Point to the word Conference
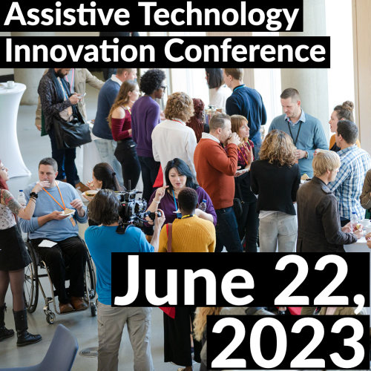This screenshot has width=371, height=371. click(x=245, y=50)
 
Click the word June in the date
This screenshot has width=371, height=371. click(x=183, y=280)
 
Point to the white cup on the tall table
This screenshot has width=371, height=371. click(x=10, y=85)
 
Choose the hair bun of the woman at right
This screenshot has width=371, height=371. click(x=348, y=105)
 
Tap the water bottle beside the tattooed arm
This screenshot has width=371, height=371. click(x=22, y=197)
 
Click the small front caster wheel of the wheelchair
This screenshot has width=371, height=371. click(x=50, y=318)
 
